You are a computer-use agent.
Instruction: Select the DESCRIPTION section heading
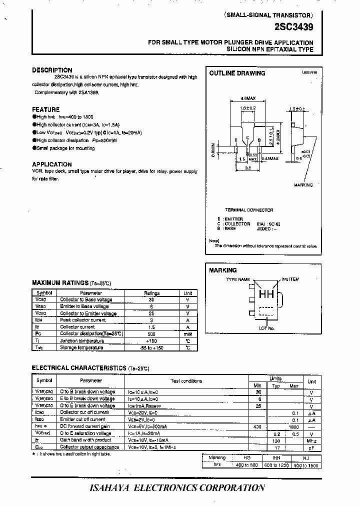click(x=52, y=70)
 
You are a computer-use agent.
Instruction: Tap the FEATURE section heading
click(x=45, y=109)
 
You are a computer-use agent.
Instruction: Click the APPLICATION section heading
click(x=52, y=164)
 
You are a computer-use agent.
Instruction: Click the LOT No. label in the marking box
click(x=266, y=328)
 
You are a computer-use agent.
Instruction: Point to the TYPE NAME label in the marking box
click(x=238, y=280)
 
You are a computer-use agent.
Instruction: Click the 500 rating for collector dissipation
click(x=151, y=333)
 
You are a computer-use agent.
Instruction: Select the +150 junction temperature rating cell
click(x=151, y=340)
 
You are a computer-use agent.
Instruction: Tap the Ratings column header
click(x=151, y=293)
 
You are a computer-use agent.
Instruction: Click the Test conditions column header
click(x=186, y=381)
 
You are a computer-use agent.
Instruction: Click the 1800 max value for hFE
click(x=294, y=426)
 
